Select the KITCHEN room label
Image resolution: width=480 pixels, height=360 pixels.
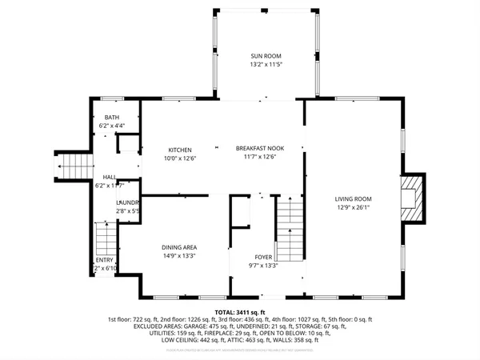click(179, 150)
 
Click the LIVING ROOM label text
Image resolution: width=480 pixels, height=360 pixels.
click(352, 201)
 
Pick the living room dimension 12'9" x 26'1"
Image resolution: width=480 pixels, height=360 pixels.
click(352, 210)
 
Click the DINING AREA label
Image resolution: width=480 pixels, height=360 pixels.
click(179, 247)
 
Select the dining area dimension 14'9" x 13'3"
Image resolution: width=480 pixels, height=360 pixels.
click(179, 256)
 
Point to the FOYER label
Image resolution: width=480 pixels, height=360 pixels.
click(262, 258)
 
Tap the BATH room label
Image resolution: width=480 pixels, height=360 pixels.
click(111, 118)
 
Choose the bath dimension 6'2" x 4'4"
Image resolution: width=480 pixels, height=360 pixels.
click(111, 126)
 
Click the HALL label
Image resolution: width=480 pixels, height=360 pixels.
click(109, 177)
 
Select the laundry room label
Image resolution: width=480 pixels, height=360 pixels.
click(128, 203)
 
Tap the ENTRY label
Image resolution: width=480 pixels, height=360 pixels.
click(105, 260)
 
